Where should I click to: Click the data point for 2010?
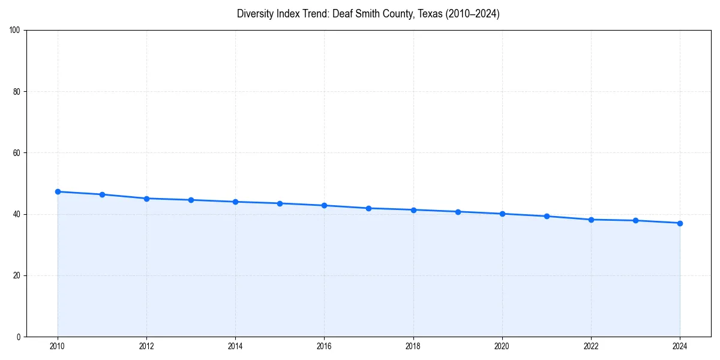click(58, 191)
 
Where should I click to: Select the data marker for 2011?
click(102, 194)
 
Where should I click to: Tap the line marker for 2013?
click(191, 200)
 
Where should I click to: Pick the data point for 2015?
click(280, 203)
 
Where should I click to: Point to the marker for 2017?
click(368, 208)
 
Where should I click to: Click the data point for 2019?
click(458, 212)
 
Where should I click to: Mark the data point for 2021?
click(547, 216)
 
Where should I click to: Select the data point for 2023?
click(635, 220)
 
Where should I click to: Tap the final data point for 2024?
click(680, 223)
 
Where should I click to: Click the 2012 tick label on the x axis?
click(146, 346)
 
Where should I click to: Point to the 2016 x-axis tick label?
click(324, 346)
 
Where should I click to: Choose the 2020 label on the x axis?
click(502, 346)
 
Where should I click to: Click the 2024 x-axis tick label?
click(680, 346)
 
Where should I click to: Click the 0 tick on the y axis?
click(19, 337)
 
